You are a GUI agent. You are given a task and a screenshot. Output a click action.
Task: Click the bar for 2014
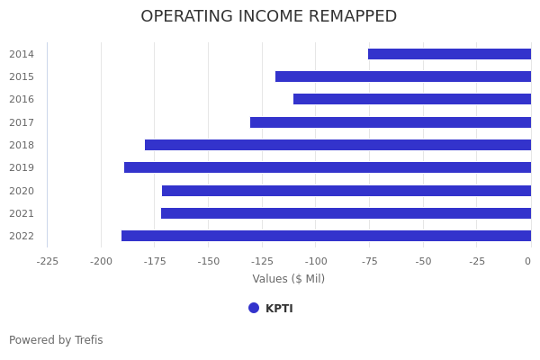pos(449,54)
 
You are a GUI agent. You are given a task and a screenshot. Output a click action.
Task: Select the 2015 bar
pos(403,76)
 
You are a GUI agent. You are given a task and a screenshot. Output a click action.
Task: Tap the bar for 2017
pos(391,122)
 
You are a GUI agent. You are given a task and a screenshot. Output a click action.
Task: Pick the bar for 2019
pos(328,167)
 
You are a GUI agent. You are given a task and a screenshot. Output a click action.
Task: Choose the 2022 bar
pos(326,236)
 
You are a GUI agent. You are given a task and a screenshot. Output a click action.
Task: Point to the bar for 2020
pos(346,191)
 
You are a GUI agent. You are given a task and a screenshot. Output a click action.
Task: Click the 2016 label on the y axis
pos(22,100)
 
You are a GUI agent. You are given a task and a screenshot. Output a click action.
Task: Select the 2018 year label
pos(22,145)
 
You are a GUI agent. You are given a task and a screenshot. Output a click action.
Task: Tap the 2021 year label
pos(22,213)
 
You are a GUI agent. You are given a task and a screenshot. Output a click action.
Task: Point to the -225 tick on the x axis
pos(48,262)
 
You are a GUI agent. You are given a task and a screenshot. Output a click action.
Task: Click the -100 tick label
pos(316,262)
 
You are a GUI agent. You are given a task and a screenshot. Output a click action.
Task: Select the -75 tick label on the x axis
pos(369,262)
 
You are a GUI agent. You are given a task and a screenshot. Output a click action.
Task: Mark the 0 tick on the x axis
pos(528,262)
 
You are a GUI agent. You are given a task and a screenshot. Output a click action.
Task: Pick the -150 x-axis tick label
pos(209,262)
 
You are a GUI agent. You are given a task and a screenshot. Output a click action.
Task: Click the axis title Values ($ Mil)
pos(288,279)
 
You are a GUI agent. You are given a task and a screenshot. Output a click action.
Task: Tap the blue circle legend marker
pos(254,308)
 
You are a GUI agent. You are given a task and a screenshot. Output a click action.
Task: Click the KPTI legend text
pos(279,309)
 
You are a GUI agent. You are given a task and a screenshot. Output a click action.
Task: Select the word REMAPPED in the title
pos(350,17)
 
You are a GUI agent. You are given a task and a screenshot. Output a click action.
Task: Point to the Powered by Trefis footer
pos(56,340)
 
